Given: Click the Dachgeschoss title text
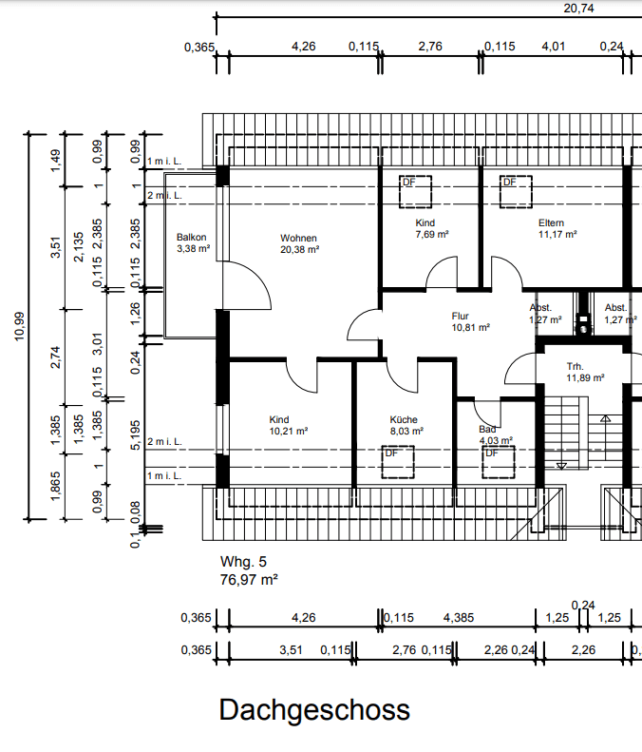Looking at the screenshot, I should tap(314, 709).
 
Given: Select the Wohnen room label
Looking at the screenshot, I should tap(298, 238).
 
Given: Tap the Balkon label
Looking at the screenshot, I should tap(192, 238).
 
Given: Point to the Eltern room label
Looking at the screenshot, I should tap(551, 222).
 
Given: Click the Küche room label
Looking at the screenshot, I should tap(404, 419).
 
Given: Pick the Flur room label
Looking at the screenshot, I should tap(462, 316).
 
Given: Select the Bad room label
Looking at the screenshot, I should tap(487, 430).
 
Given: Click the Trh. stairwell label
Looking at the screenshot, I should tap(575, 366).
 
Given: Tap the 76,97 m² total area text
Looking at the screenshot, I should tap(249, 578).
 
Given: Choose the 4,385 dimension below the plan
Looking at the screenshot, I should tap(459, 618).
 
